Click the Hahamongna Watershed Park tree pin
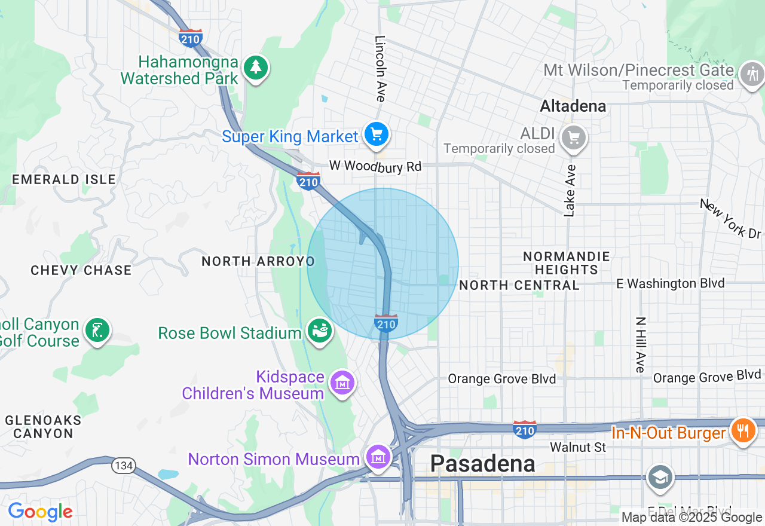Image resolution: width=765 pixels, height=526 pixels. click(256, 68)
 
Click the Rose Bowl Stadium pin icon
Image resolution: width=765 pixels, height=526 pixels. click(320, 331)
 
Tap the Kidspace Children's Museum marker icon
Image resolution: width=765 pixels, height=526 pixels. click(342, 383)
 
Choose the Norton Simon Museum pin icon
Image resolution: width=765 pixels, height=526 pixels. click(378, 457)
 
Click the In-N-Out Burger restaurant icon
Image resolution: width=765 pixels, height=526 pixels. click(743, 430)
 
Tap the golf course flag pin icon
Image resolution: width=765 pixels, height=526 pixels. click(97, 330)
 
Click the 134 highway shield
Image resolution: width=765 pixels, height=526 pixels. click(124, 465)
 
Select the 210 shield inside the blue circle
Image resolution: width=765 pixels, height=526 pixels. click(386, 324)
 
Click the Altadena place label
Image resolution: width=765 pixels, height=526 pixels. click(573, 106)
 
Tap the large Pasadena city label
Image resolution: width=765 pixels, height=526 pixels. click(482, 464)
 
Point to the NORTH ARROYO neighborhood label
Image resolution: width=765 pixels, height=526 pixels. click(258, 261)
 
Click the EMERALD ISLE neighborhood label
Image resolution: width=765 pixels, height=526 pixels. click(64, 179)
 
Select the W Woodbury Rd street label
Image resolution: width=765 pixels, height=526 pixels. click(375, 166)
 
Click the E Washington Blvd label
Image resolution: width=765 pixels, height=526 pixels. click(670, 283)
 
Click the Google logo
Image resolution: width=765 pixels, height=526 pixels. click(40, 512)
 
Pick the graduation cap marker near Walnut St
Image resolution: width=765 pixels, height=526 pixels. click(660, 478)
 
